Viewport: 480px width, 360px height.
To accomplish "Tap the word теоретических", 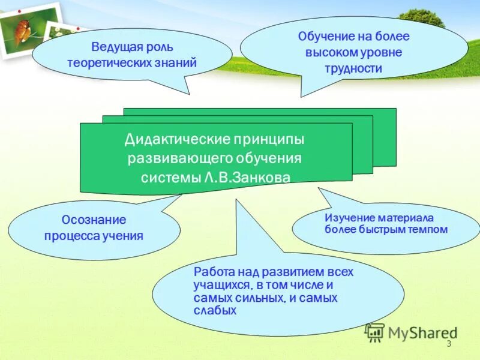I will [x=118, y=62].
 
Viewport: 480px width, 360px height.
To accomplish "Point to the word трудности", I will [x=354, y=68].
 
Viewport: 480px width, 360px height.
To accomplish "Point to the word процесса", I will [x=68, y=235].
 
